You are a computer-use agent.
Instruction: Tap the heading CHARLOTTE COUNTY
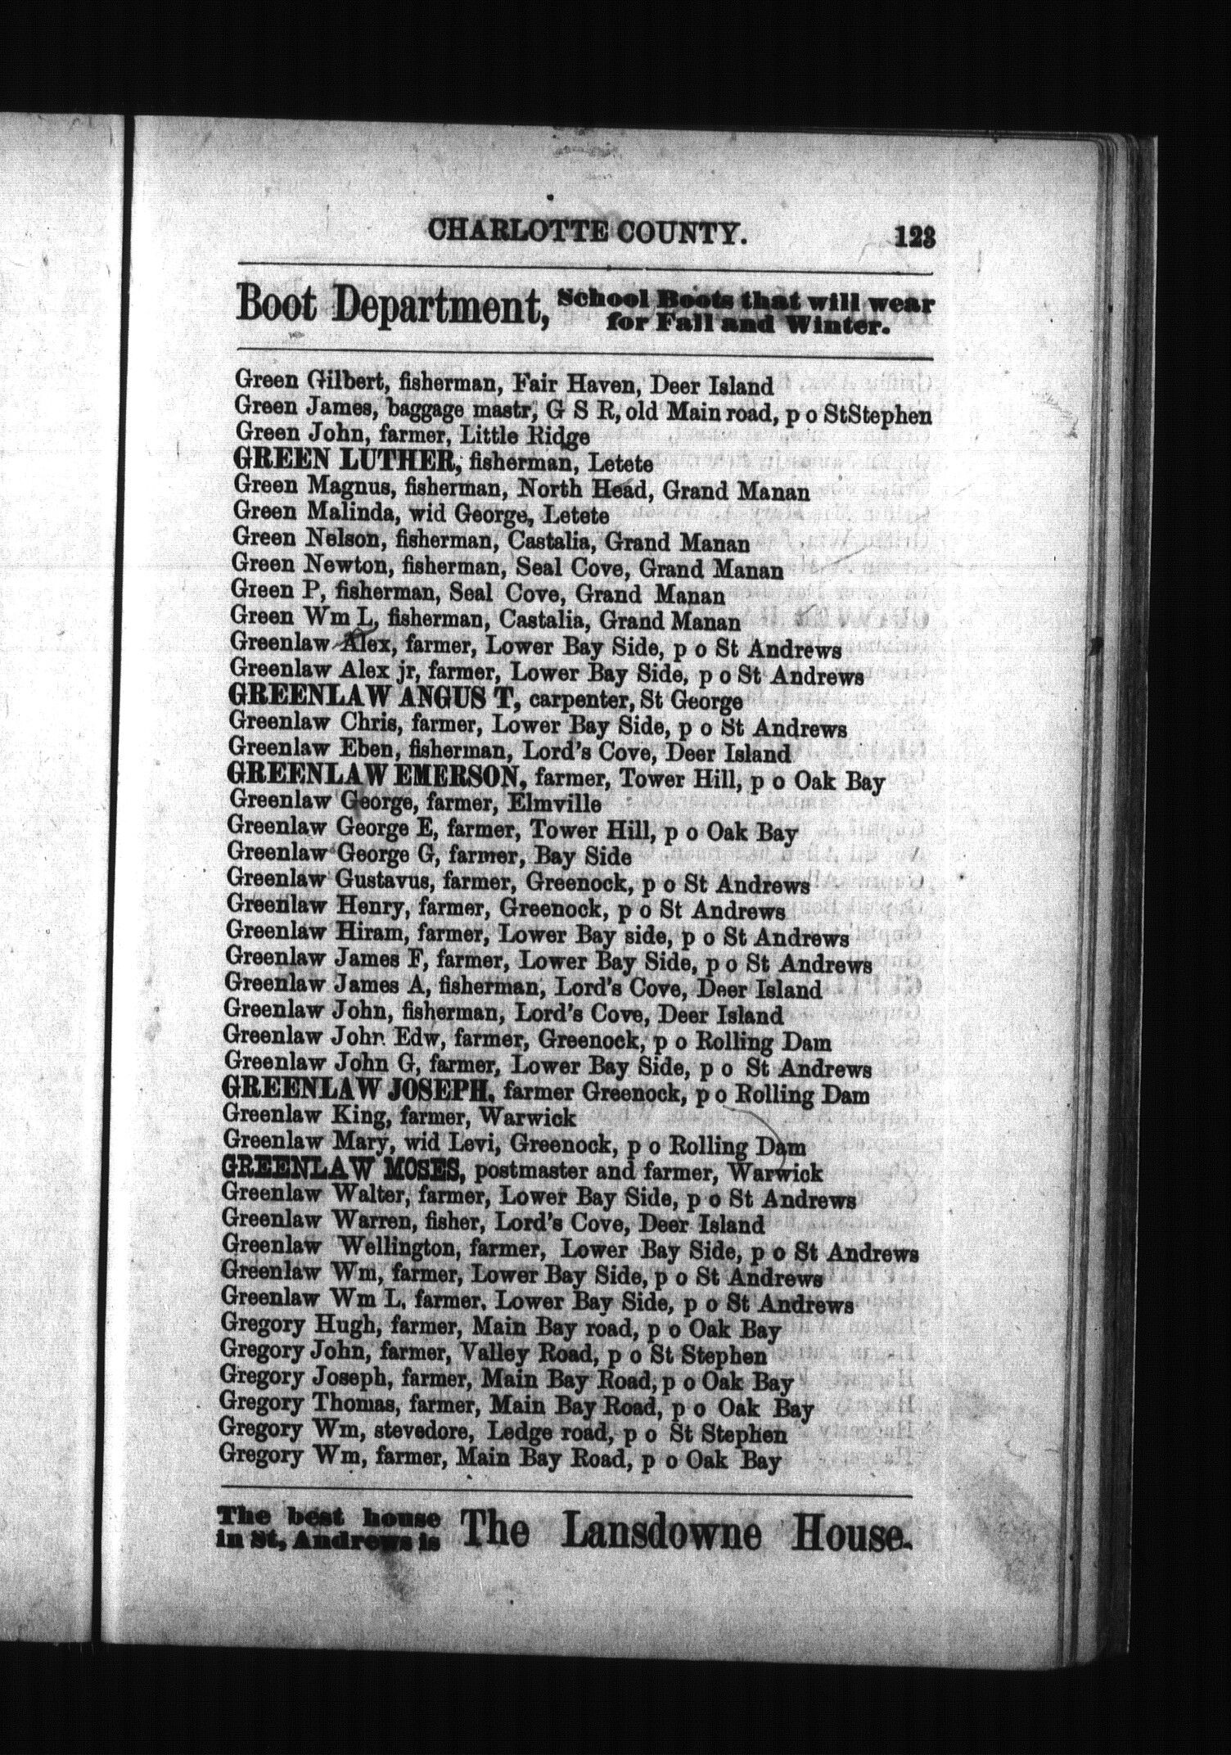click(588, 232)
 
